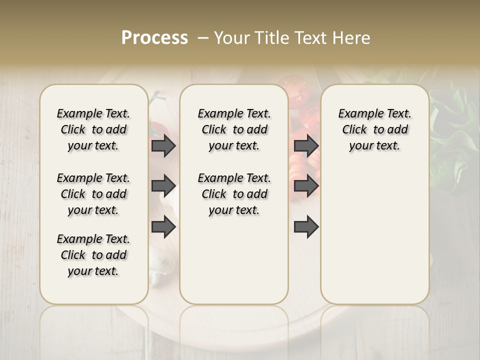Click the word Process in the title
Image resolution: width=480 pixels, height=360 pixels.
point(154,38)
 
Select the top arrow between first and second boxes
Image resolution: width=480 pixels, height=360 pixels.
point(163,145)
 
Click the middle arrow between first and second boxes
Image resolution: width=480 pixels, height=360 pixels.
point(163,186)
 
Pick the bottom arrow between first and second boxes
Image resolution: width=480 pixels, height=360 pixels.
point(163,227)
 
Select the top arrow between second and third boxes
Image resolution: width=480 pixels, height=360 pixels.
point(306,145)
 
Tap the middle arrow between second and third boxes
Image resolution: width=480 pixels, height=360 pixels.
point(306,186)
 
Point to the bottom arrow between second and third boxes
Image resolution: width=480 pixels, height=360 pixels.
point(306,227)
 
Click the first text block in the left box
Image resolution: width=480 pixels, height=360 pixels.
point(93,129)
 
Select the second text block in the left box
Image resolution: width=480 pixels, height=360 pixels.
point(93,194)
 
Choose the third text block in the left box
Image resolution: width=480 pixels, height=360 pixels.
point(93,255)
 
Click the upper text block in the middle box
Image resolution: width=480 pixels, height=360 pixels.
point(234,129)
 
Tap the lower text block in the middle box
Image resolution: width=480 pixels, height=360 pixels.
point(234,194)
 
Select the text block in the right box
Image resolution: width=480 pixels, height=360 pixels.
point(374,129)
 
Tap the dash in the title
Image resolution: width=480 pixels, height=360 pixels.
point(203,38)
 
